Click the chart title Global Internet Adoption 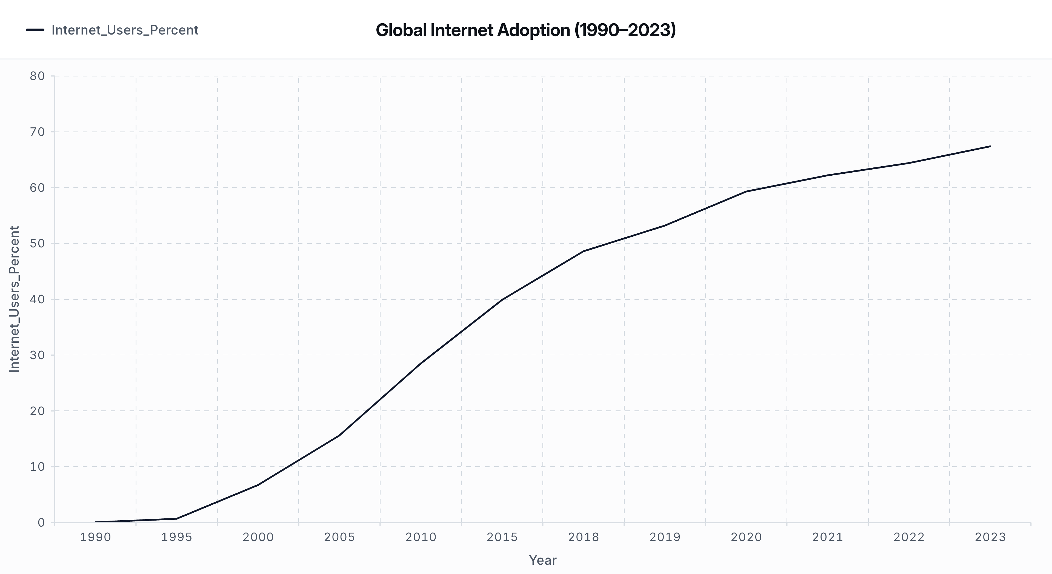click(x=526, y=30)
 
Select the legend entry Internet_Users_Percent click(x=125, y=30)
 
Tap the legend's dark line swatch click(x=35, y=30)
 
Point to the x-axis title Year click(x=542, y=560)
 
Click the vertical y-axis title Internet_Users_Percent click(x=14, y=299)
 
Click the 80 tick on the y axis click(x=37, y=76)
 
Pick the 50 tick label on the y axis click(x=37, y=244)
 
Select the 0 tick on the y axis click(x=41, y=522)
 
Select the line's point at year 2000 click(x=258, y=485)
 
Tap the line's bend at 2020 click(x=746, y=192)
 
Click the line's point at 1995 click(x=176, y=519)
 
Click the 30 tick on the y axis click(x=37, y=355)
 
